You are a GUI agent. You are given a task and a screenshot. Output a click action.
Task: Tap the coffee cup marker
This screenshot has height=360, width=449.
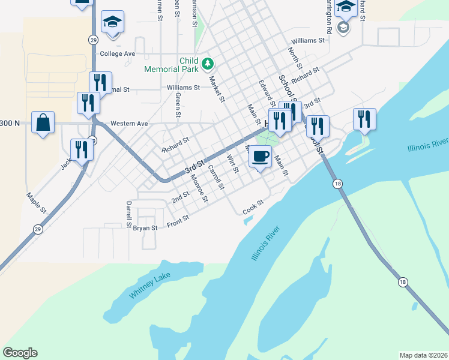pyautogui.click(x=260, y=157)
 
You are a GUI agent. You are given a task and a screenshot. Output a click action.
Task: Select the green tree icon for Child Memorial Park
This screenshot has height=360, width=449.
pyautogui.click(x=207, y=62)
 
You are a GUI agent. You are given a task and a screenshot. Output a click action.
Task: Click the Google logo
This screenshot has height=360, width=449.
pyautogui.click(x=20, y=353)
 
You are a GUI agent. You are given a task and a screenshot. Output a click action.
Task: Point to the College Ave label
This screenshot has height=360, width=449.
pyautogui.click(x=118, y=53)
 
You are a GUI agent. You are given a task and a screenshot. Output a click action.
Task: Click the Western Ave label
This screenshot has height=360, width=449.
pyautogui.click(x=129, y=124)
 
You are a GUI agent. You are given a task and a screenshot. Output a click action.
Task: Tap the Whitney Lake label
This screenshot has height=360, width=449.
pyautogui.click(x=149, y=286)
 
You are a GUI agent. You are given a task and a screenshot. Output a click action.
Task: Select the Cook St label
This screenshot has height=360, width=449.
pyautogui.click(x=253, y=208)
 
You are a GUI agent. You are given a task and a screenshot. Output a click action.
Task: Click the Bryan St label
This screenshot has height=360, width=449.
pyautogui.click(x=145, y=228)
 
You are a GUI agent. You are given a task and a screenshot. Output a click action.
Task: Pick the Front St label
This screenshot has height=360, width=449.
pyautogui.click(x=178, y=221)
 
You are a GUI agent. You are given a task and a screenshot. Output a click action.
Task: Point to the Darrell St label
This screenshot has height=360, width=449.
pyautogui.click(x=128, y=214)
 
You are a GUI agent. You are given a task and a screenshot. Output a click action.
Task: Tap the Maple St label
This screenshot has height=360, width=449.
pyautogui.click(x=36, y=203)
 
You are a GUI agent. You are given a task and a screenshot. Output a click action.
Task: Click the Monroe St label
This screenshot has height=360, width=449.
pyautogui.click(x=199, y=187)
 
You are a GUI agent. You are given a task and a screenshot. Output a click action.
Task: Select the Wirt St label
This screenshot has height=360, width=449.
pyautogui.click(x=233, y=164)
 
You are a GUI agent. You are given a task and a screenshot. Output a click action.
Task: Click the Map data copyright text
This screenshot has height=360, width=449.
pyautogui.click(x=424, y=355)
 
